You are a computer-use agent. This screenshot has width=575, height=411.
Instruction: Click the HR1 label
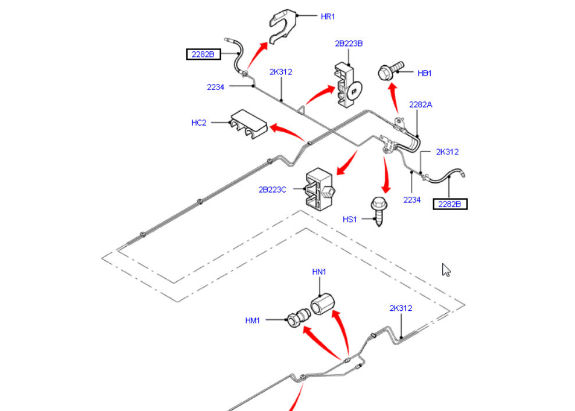pyautogui.click(x=328, y=16)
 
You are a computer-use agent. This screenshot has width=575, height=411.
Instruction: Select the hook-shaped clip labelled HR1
pyautogui.click(x=282, y=26)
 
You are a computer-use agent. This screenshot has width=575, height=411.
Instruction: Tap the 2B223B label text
pyautogui.click(x=349, y=43)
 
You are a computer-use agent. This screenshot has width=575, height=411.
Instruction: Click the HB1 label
pyautogui.click(x=425, y=73)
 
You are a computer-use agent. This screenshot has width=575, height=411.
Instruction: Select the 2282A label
pyautogui.click(x=421, y=105)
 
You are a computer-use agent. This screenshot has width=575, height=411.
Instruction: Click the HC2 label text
pyautogui.click(x=199, y=123)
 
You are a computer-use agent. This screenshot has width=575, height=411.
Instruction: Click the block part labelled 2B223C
pyautogui.click(x=319, y=190)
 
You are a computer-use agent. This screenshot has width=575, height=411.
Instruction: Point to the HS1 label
pyautogui.click(x=349, y=219)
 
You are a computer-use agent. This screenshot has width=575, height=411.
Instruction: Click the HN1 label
pyautogui.click(x=320, y=272)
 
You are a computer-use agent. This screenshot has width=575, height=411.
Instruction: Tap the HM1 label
pyautogui.click(x=253, y=320)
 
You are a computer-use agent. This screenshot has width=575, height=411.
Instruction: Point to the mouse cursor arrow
pyautogui.click(x=446, y=270)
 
